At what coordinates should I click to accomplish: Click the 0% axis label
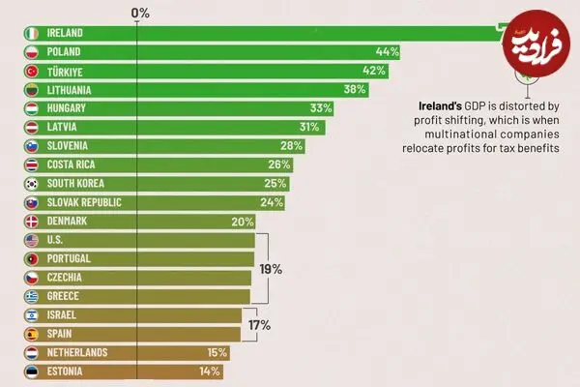click(x=140, y=13)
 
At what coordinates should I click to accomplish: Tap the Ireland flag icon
click(x=32, y=33)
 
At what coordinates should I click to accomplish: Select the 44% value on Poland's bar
click(x=388, y=51)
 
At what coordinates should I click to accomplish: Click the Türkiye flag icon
click(x=32, y=71)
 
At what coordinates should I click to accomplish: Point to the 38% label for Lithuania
click(x=355, y=89)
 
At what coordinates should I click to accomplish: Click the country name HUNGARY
click(x=66, y=108)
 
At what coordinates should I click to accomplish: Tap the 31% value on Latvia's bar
click(x=309, y=127)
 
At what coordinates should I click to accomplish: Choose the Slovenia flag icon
click(x=32, y=146)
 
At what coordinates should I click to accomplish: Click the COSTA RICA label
click(x=71, y=164)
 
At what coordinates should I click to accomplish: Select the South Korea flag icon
click(x=32, y=184)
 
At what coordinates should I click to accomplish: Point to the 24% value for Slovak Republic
click(x=272, y=202)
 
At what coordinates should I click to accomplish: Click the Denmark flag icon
click(x=32, y=222)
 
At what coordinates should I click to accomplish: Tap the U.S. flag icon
click(x=32, y=240)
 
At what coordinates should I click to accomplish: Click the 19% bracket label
click(x=271, y=269)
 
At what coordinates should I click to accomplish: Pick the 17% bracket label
click(x=259, y=325)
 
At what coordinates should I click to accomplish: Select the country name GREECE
click(x=63, y=296)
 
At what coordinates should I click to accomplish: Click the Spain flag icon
click(x=32, y=334)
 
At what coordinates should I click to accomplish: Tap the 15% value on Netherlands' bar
click(x=217, y=352)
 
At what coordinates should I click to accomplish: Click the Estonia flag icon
click(x=32, y=372)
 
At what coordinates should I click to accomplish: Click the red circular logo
click(x=536, y=44)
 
